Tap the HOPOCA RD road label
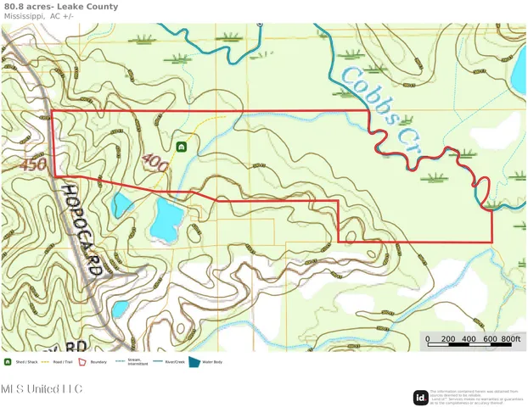coord(84,229)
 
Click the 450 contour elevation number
coord(35,164)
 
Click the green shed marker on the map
coord(181,147)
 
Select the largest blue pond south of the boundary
coord(166,218)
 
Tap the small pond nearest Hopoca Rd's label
coord(122,203)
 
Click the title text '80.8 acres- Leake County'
coord(60,7)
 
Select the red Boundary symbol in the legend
coord(83,362)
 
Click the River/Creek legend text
coord(175,362)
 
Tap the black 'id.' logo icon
coord(420,397)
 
